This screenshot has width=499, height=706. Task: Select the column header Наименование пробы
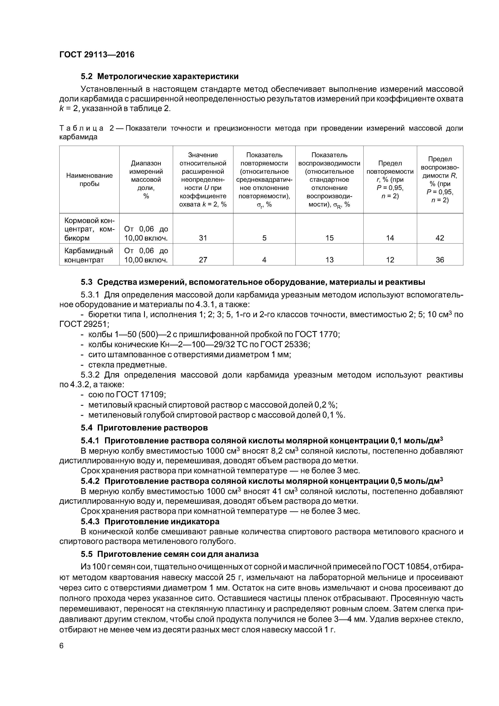(89, 180)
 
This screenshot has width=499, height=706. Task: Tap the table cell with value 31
(203, 238)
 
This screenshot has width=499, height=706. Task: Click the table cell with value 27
(203, 260)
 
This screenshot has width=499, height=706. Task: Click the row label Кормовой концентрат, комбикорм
(89, 229)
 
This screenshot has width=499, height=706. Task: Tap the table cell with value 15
(329, 238)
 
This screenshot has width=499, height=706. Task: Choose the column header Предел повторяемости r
(390, 180)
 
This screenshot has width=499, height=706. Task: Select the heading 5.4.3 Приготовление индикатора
(150, 521)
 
